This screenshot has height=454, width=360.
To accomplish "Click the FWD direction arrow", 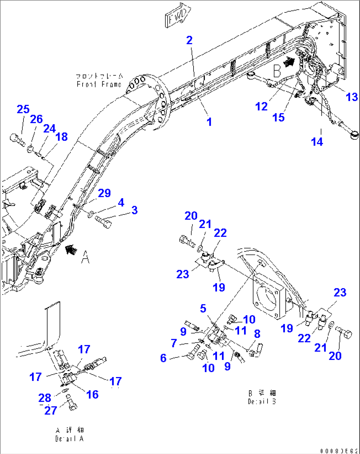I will point(178,15).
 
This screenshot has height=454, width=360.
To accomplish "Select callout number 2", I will point(189,40).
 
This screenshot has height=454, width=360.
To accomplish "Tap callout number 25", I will point(23,109).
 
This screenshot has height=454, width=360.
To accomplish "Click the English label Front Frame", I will point(99,85).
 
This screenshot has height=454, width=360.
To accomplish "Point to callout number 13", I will point(352,97).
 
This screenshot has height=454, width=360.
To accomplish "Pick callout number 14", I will point(317,142).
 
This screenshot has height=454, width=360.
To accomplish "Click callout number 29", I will point(104,193).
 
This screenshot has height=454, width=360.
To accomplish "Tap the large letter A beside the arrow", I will point(85,257).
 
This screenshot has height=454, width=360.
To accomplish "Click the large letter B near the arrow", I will point(277,70).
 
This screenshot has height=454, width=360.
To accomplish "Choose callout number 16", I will point(92,394).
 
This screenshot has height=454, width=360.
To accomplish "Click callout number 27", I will point(51,410).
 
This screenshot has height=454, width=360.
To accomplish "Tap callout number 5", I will point(203,309).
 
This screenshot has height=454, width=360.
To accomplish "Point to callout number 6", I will point(163,358).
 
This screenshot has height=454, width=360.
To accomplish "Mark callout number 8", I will point(257,334).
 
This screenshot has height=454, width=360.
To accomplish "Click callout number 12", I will point(261,106).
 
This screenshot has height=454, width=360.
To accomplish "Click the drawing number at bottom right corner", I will point(339,451).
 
